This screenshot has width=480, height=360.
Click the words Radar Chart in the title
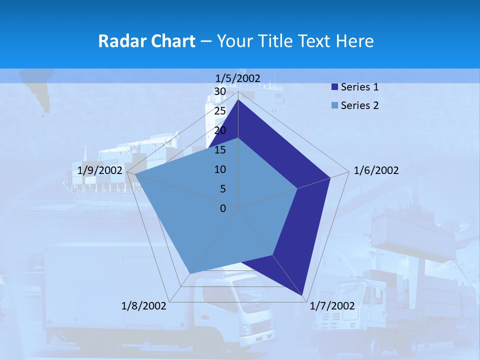pos(146,41)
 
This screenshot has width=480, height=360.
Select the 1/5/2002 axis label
pos(238,78)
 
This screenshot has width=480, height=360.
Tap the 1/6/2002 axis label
pos(376,170)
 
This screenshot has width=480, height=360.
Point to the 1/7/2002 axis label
pos(332,306)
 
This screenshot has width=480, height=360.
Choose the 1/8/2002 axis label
pos(144,306)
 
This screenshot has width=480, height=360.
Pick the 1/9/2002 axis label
pos(100,170)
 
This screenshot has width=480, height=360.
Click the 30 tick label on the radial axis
pos(220,92)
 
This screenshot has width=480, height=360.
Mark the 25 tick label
pos(220,111)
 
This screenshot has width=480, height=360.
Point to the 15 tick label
pos(220,150)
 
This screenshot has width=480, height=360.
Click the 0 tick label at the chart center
pos(223,208)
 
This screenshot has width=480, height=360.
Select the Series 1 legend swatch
pos(334,87)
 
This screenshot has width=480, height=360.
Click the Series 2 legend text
pos(359,105)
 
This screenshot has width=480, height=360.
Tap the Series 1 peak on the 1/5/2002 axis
pos(238,100)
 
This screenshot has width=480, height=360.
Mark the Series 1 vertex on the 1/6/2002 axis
pos(330,177)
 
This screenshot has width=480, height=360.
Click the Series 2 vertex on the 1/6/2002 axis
pos(297,188)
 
